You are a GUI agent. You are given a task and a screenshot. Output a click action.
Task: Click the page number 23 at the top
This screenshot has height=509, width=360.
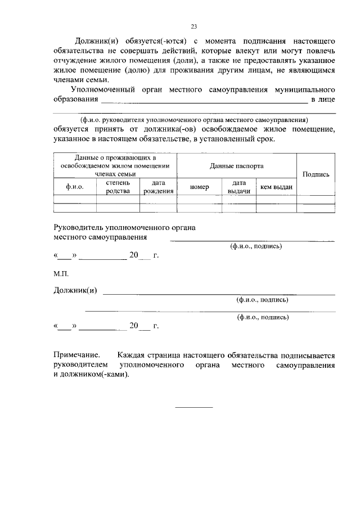tap(193, 26)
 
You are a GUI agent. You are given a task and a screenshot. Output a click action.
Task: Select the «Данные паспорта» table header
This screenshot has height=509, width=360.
tap(236, 166)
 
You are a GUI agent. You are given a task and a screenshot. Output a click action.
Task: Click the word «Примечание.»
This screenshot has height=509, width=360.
tap(76, 355)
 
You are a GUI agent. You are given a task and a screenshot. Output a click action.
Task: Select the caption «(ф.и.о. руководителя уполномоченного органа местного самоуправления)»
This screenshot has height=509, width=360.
tap(194, 120)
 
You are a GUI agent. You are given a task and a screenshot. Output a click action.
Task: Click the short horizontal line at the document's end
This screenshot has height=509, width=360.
tap(194, 407)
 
